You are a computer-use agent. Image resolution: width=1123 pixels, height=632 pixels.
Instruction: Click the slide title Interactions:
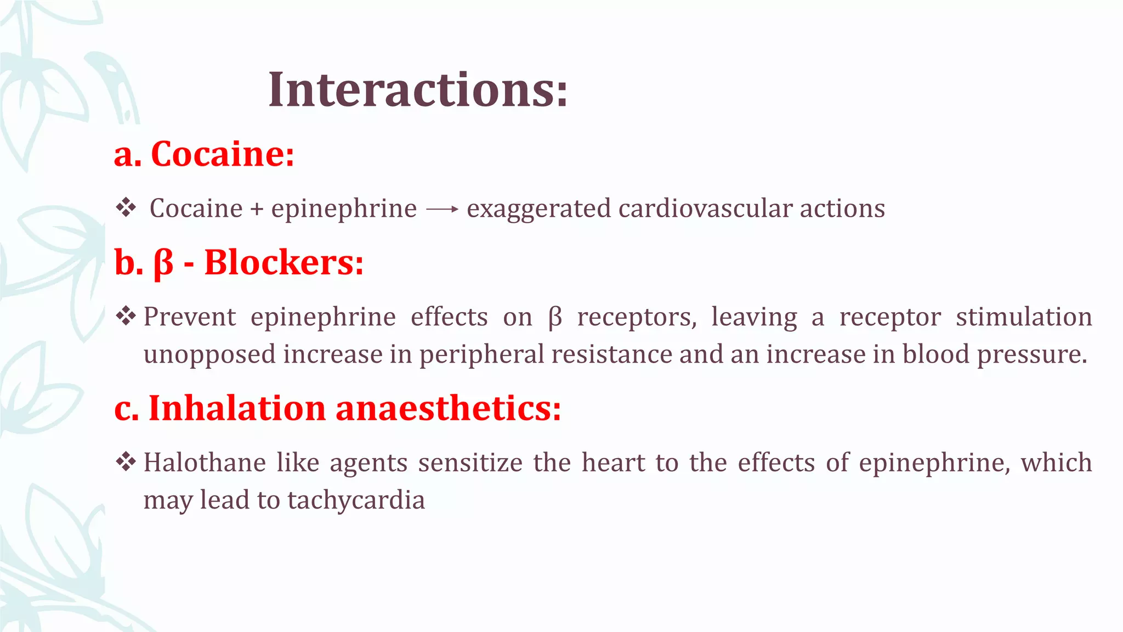point(418,90)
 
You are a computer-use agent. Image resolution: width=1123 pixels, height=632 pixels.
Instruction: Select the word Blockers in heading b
point(283,262)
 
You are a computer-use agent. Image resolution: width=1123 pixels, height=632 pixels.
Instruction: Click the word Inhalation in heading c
point(237,408)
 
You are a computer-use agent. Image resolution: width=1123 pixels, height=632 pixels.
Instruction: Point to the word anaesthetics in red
point(448,408)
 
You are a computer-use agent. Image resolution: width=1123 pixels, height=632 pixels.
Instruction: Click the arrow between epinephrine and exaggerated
point(442,209)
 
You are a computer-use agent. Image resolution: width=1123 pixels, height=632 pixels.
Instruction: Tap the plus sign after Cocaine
point(257,209)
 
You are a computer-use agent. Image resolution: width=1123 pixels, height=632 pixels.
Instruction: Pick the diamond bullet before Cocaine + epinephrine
point(126,208)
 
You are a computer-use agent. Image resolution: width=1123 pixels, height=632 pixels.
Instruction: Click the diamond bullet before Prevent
point(126,316)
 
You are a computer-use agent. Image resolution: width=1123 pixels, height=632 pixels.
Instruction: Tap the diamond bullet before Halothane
point(126,462)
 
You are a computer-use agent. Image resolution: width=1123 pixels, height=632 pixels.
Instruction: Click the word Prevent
point(190,317)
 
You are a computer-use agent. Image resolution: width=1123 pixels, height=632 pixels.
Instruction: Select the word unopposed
point(209,354)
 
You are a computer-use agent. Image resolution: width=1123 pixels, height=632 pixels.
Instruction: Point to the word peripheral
point(481,354)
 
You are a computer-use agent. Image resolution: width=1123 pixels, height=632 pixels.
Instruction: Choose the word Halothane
point(205,462)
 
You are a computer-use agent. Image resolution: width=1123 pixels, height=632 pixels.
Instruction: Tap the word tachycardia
point(356,500)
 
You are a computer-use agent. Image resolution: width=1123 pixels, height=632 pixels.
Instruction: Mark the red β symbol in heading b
point(163,263)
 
